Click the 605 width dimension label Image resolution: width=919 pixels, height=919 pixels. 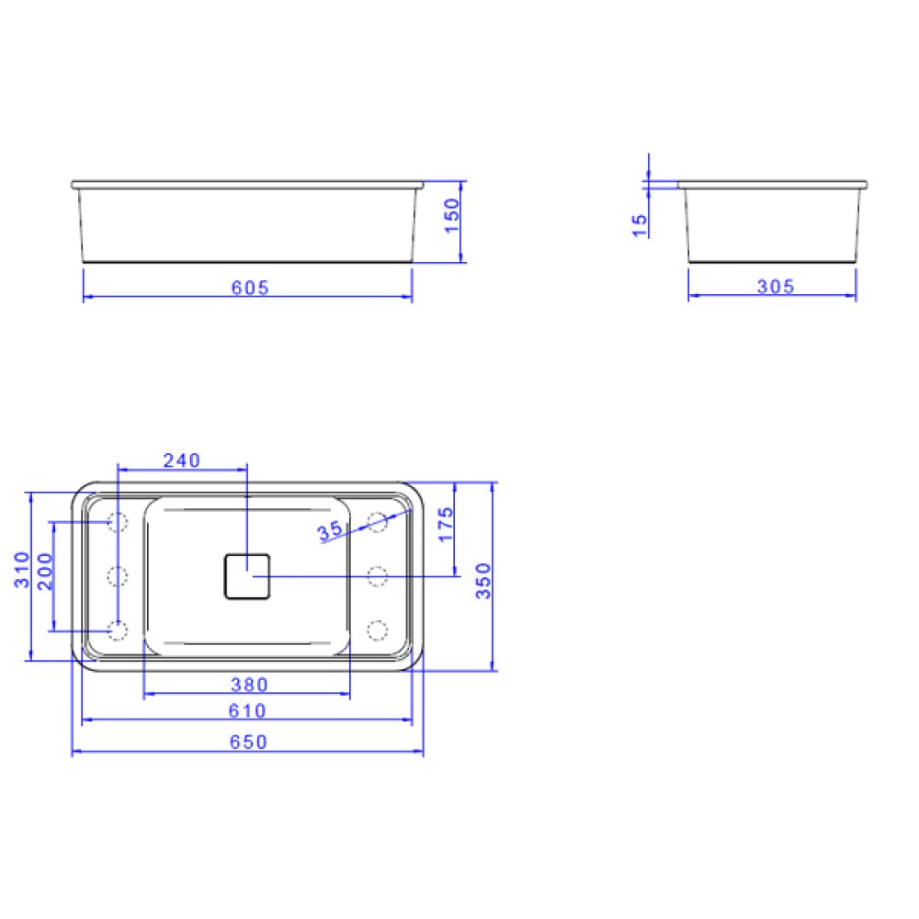coord(250,288)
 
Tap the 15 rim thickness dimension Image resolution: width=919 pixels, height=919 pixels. coord(641,225)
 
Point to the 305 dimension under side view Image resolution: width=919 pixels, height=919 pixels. coord(775,288)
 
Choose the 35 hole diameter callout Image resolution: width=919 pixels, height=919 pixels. coord(329,531)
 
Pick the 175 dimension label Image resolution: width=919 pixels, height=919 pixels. coord(446,525)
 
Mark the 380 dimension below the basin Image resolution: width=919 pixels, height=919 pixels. coord(248,685)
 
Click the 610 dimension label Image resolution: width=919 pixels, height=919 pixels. coord(248,710)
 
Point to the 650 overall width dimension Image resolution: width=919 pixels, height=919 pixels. coord(248,742)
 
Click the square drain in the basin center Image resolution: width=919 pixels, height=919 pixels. coord(246,575)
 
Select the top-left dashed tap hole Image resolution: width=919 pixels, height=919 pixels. coord(117,522)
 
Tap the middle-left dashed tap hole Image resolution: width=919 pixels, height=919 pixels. coord(117,576)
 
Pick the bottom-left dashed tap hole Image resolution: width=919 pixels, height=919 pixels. coord(117,630)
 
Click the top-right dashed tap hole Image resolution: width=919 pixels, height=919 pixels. coord(377,522)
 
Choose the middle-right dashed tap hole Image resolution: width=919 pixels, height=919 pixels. coord(377,576)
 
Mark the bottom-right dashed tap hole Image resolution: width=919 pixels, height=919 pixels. coord(377,630)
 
